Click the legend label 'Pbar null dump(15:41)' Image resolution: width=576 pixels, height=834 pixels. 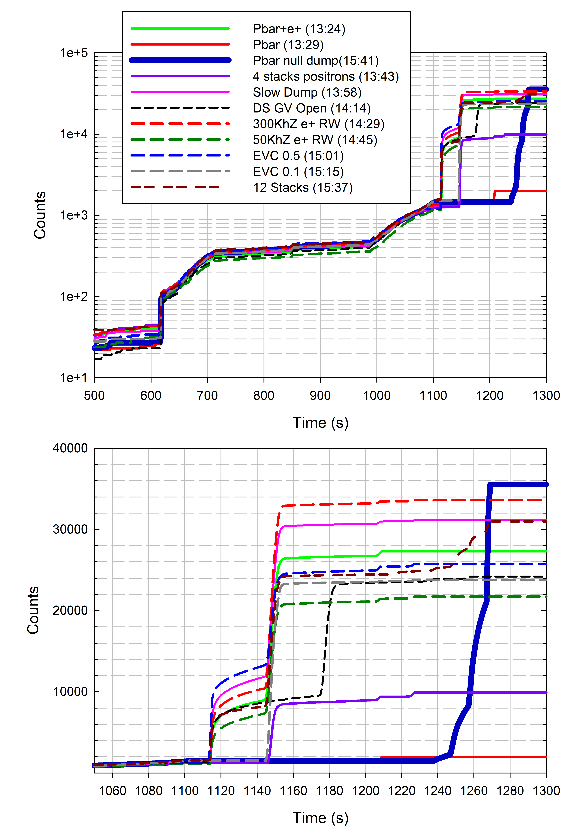315,61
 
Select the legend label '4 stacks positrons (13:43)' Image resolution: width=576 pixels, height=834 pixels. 325,76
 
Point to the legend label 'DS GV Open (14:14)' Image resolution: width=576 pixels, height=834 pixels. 311,108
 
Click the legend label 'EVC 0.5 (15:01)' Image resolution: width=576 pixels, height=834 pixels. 298,156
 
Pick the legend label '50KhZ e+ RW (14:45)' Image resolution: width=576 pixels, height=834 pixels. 315,140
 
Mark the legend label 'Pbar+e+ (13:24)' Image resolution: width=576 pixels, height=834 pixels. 299,29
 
